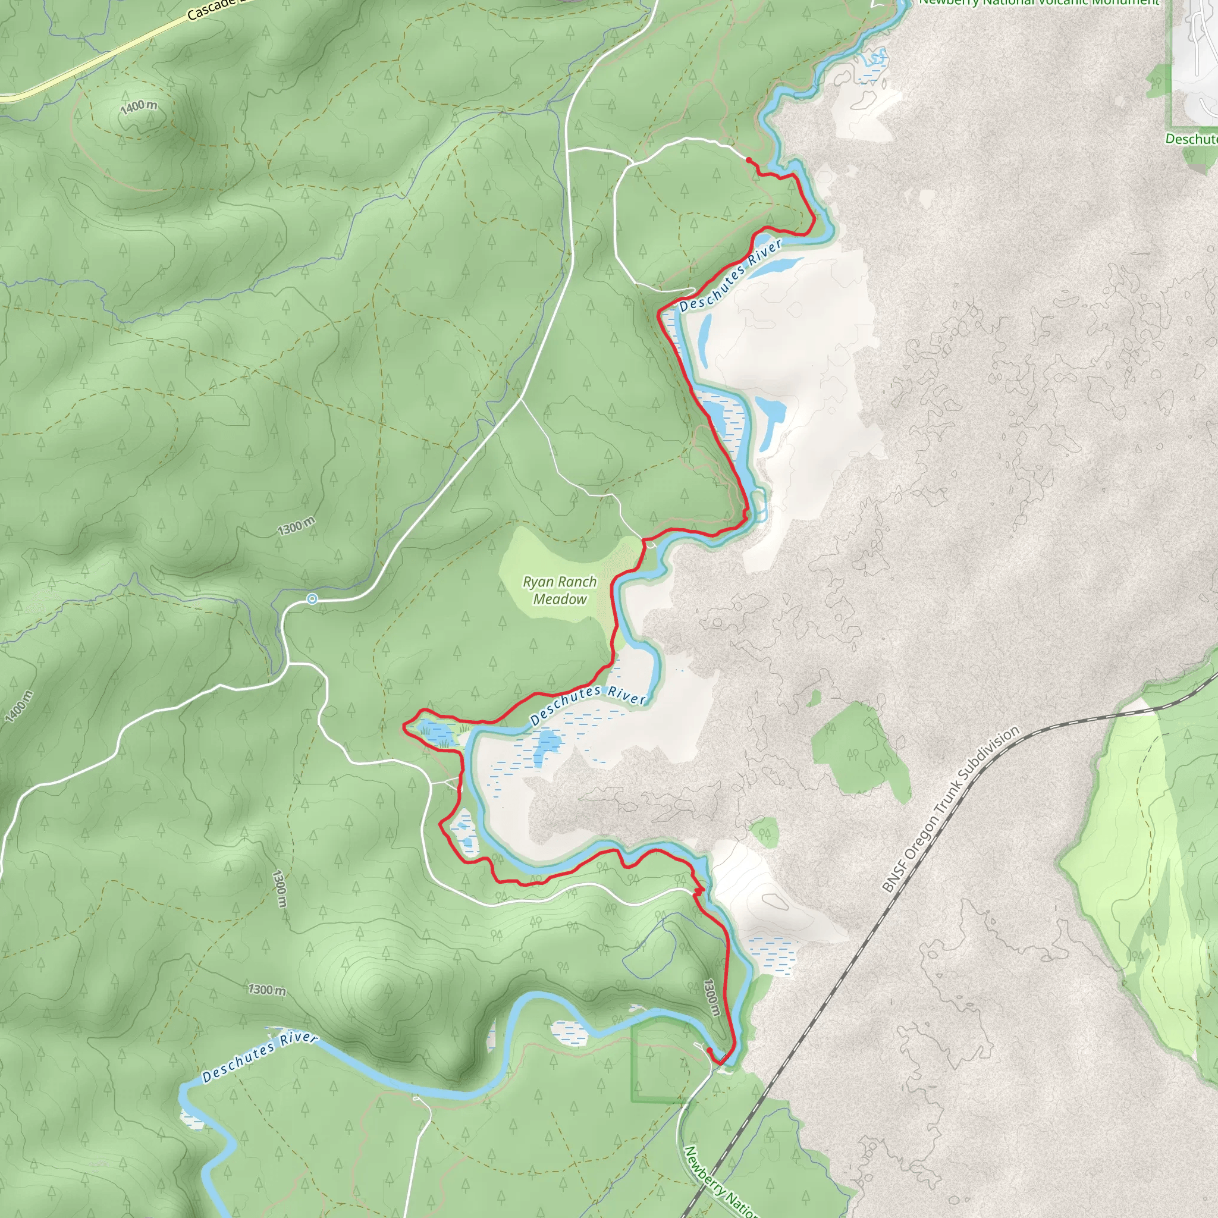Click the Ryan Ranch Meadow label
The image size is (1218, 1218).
point(559,590)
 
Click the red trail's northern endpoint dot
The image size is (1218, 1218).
point(748,160)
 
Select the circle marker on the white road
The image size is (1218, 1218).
point(312,598)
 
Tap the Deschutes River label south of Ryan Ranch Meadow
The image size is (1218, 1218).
point(588,704)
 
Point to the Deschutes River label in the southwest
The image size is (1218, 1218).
point(259,1057)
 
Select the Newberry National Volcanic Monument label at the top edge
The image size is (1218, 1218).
point(1039,3)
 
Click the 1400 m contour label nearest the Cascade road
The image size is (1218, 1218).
point(139,107)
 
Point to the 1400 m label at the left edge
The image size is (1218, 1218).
point(19,706)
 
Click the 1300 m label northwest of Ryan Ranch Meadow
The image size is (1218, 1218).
point(296,526)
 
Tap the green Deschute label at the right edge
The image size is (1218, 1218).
point(1191,139)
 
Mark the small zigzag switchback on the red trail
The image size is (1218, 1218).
point(697,891)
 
